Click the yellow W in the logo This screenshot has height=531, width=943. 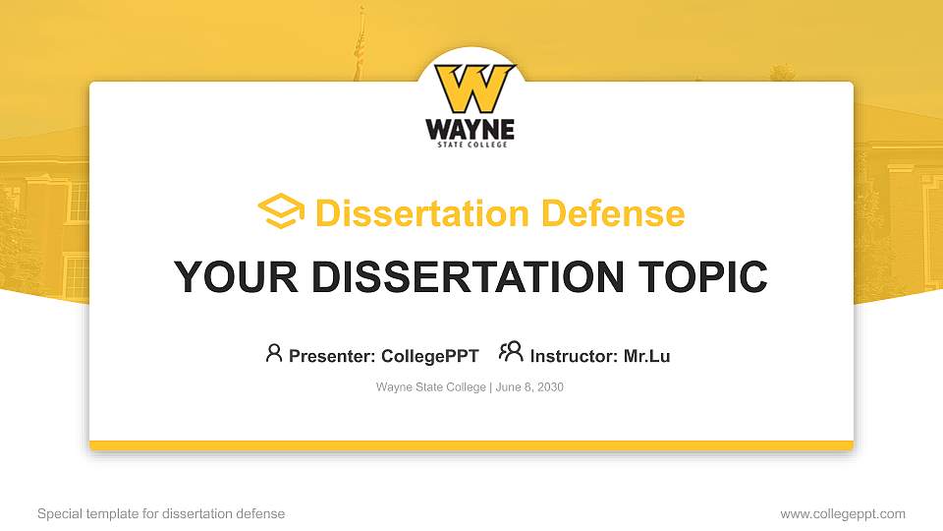coord(473,88)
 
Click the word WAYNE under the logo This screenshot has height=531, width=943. coord(470,130)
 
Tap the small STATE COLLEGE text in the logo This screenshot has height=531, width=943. coord(472,145)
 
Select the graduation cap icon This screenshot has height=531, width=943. coord(281,210)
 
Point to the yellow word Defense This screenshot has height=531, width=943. coord(613,213)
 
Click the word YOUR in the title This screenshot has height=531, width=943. coord(236,276)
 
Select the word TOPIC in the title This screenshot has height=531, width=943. coord(702,276)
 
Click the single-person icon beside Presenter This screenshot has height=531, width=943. coord(274,353)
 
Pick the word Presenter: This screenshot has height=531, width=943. coord(332,356)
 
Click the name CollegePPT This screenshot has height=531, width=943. coord(430,356)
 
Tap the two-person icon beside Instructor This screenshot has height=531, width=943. coord(511,352)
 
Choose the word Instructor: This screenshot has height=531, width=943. coord(574,356)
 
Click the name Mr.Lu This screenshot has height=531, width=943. coord(646,356)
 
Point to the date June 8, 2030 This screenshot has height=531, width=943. coord(529,387)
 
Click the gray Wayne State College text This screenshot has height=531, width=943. coord(430,387)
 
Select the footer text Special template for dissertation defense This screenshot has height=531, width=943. coord(161,513)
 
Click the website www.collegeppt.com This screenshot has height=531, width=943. coord(843,513)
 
